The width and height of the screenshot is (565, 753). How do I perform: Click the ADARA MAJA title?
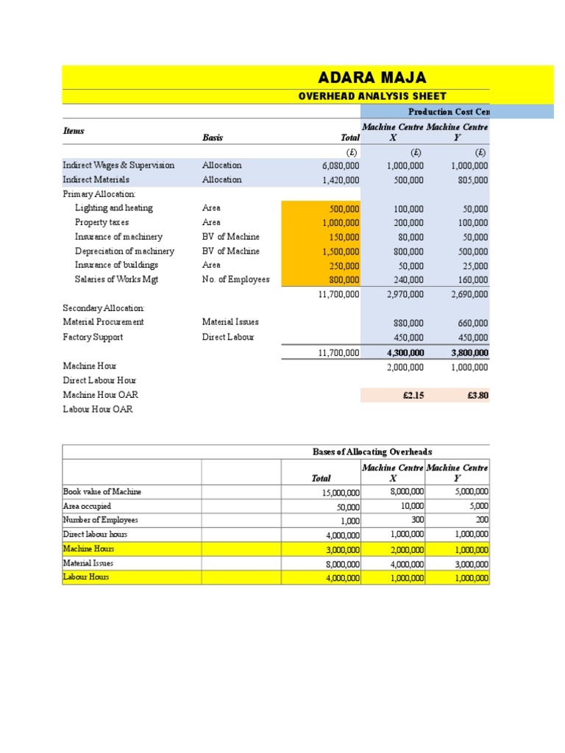[x=371, y=77]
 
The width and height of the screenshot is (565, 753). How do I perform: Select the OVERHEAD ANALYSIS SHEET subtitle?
[x=371, y=96]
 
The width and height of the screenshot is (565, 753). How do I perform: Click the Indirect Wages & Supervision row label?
[x=118, y=165]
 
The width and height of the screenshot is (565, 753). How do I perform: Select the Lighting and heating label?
[x=114, y=208]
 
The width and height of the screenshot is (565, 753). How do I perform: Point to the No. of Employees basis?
[x=235, y=279]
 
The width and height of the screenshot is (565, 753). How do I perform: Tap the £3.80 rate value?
[x=477, y=395]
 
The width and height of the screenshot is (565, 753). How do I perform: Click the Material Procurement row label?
[x=104, y=322]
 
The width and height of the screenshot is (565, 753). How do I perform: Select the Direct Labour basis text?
[x=228, y=337]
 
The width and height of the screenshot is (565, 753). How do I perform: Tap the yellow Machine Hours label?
[x=89, y=549]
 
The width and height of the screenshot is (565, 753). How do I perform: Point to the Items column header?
[x=74, y=131]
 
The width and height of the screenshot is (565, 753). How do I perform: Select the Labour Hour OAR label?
[x=98, y=409]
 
